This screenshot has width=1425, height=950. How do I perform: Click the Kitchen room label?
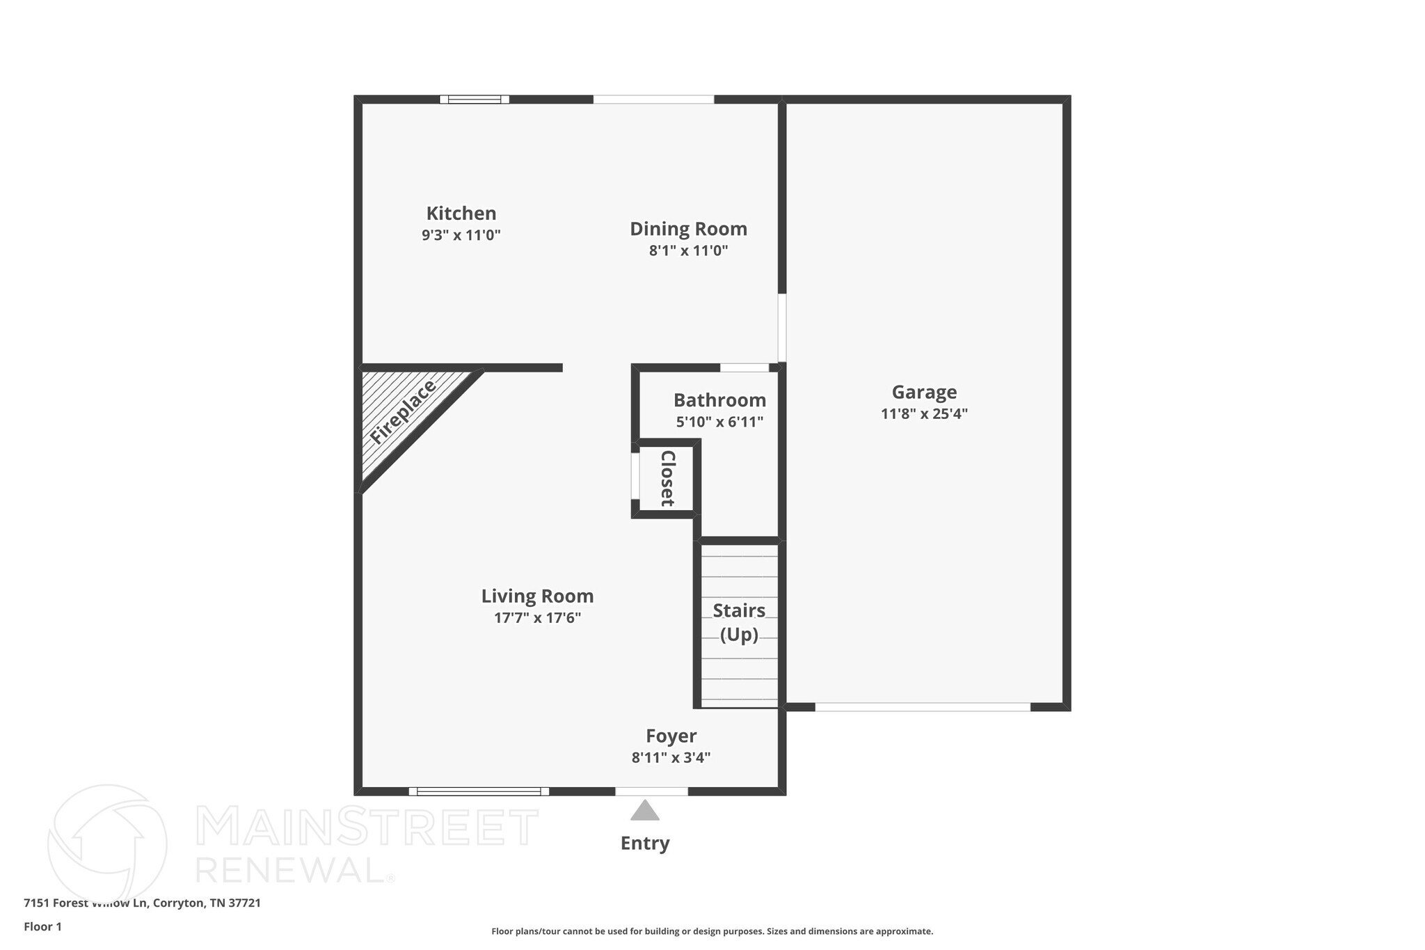point(461,213)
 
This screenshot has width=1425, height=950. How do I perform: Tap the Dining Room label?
point(688,228)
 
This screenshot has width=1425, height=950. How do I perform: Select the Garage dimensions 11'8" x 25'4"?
point(924,413)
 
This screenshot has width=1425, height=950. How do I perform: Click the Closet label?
point(667,478)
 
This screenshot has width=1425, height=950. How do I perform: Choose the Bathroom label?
point(719,400)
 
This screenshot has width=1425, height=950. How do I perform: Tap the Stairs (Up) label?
point(739,622)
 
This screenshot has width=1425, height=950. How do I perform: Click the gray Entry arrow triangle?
point(645,811)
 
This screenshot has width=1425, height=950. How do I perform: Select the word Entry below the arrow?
point(645,844)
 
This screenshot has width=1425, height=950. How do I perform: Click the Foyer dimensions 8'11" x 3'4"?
point(671,757)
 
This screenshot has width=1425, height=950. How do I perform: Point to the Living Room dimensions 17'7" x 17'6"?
point(537,617)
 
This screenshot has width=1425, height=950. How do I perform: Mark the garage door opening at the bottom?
point(923,707)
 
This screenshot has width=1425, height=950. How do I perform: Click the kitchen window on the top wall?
point(475,100)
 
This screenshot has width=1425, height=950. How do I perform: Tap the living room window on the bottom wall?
point(479,791)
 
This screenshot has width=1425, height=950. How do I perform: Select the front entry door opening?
point(651,791)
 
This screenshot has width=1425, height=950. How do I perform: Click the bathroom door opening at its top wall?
point(744,367)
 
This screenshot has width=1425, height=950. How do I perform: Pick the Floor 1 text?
point(42,926)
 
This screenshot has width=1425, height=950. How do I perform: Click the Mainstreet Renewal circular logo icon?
point(107,844)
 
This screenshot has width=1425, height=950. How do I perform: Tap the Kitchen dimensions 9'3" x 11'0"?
point(461,235)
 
